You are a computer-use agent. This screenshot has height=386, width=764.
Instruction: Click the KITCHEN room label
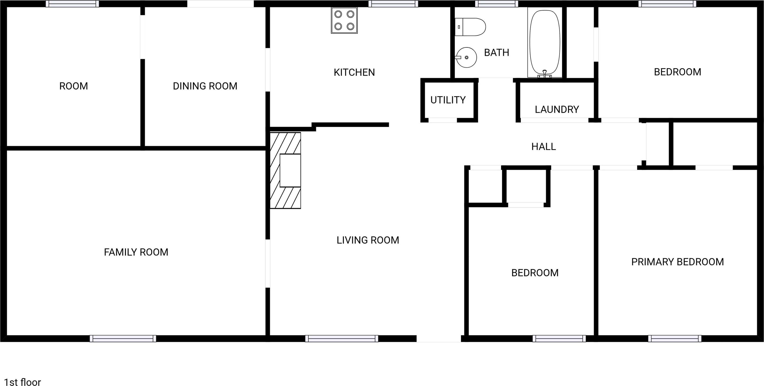click(354, 72)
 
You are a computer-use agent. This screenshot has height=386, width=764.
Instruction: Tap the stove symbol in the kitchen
click(344, 20)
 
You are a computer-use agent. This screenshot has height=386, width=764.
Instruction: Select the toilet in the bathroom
click(470, 27)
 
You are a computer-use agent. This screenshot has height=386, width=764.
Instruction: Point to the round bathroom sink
click(466, 57)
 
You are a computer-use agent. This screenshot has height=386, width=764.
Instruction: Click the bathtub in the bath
click(545, 42)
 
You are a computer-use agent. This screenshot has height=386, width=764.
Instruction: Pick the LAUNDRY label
click(557, 110)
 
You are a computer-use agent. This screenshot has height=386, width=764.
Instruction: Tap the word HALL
click(543, 146)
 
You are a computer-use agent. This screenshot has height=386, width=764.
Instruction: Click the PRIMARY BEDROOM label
click(677, 262)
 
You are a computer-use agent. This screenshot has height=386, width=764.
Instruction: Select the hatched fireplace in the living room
click(285, 170)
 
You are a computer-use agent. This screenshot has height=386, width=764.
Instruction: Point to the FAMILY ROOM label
click(136, 252)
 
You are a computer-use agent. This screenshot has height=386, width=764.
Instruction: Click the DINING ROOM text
click(205, 86)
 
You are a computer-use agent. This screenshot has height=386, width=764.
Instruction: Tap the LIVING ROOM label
click(368, 240)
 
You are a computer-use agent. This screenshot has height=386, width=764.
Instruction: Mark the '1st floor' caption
click(23, 382)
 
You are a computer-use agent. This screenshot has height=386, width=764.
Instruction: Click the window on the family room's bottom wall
click(123, 339)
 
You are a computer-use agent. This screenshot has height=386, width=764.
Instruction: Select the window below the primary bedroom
click(674, 339)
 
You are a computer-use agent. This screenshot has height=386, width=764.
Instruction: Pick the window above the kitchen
click(393, 4)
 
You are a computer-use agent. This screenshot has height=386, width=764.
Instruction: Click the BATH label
click(497, 52)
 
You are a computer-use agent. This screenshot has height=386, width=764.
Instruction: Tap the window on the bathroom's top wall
click(497, 4)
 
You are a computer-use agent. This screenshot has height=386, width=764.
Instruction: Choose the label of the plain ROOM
click(74, 86)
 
